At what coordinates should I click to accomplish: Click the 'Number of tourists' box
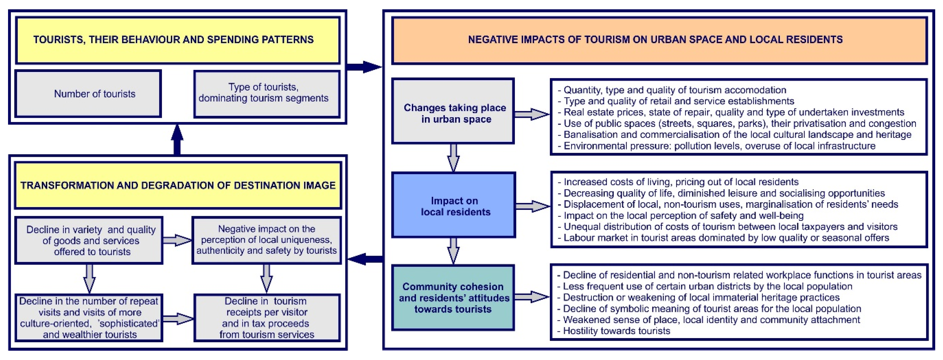[x=88, y=94]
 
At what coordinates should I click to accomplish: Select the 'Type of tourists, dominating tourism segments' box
[x=267, y=94]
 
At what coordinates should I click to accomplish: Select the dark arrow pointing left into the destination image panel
[x=364, y=259]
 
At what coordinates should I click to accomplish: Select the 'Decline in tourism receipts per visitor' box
[x=267, y=317]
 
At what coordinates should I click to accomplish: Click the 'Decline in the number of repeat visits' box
[x=89, y=317]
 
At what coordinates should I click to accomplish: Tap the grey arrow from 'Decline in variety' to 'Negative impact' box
[x=177, y=240]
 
